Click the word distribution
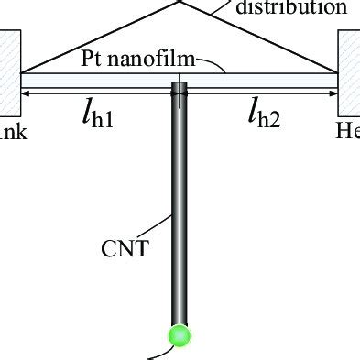point(292,8)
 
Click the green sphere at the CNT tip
point(180,336)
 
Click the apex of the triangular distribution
point(180,2)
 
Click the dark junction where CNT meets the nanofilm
point(180,89)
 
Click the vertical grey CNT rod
point(180,202)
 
